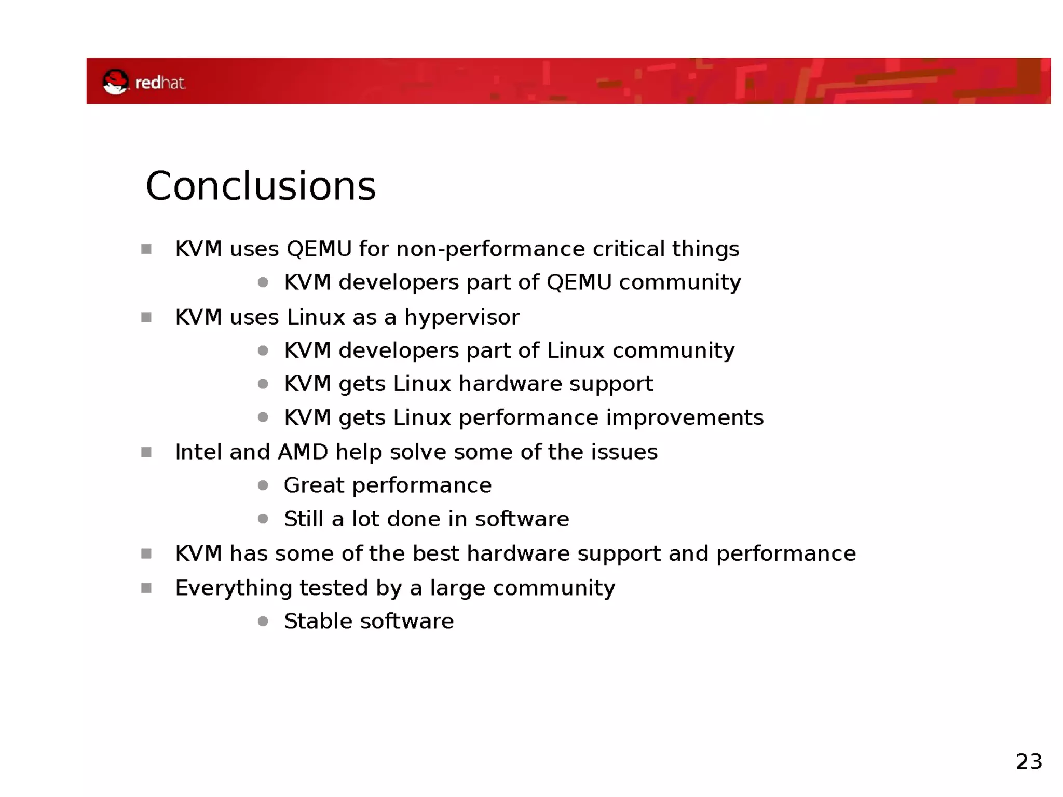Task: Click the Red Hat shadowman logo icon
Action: pos(115,82)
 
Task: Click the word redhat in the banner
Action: pos(160,83)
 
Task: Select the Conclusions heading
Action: pos(261,186)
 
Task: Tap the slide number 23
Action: pos(1028,762)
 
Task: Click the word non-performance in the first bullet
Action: pos(490,249)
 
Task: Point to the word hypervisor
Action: pos(461,317)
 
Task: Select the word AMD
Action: pos(303,452)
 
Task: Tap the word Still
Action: pos(303,519)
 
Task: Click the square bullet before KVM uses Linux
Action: pos(146,317)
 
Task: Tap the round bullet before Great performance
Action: pos(263,485)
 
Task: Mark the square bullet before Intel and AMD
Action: pos(146,452)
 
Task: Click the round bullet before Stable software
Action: pos(263,621)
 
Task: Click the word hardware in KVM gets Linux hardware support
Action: pos(510,384)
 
